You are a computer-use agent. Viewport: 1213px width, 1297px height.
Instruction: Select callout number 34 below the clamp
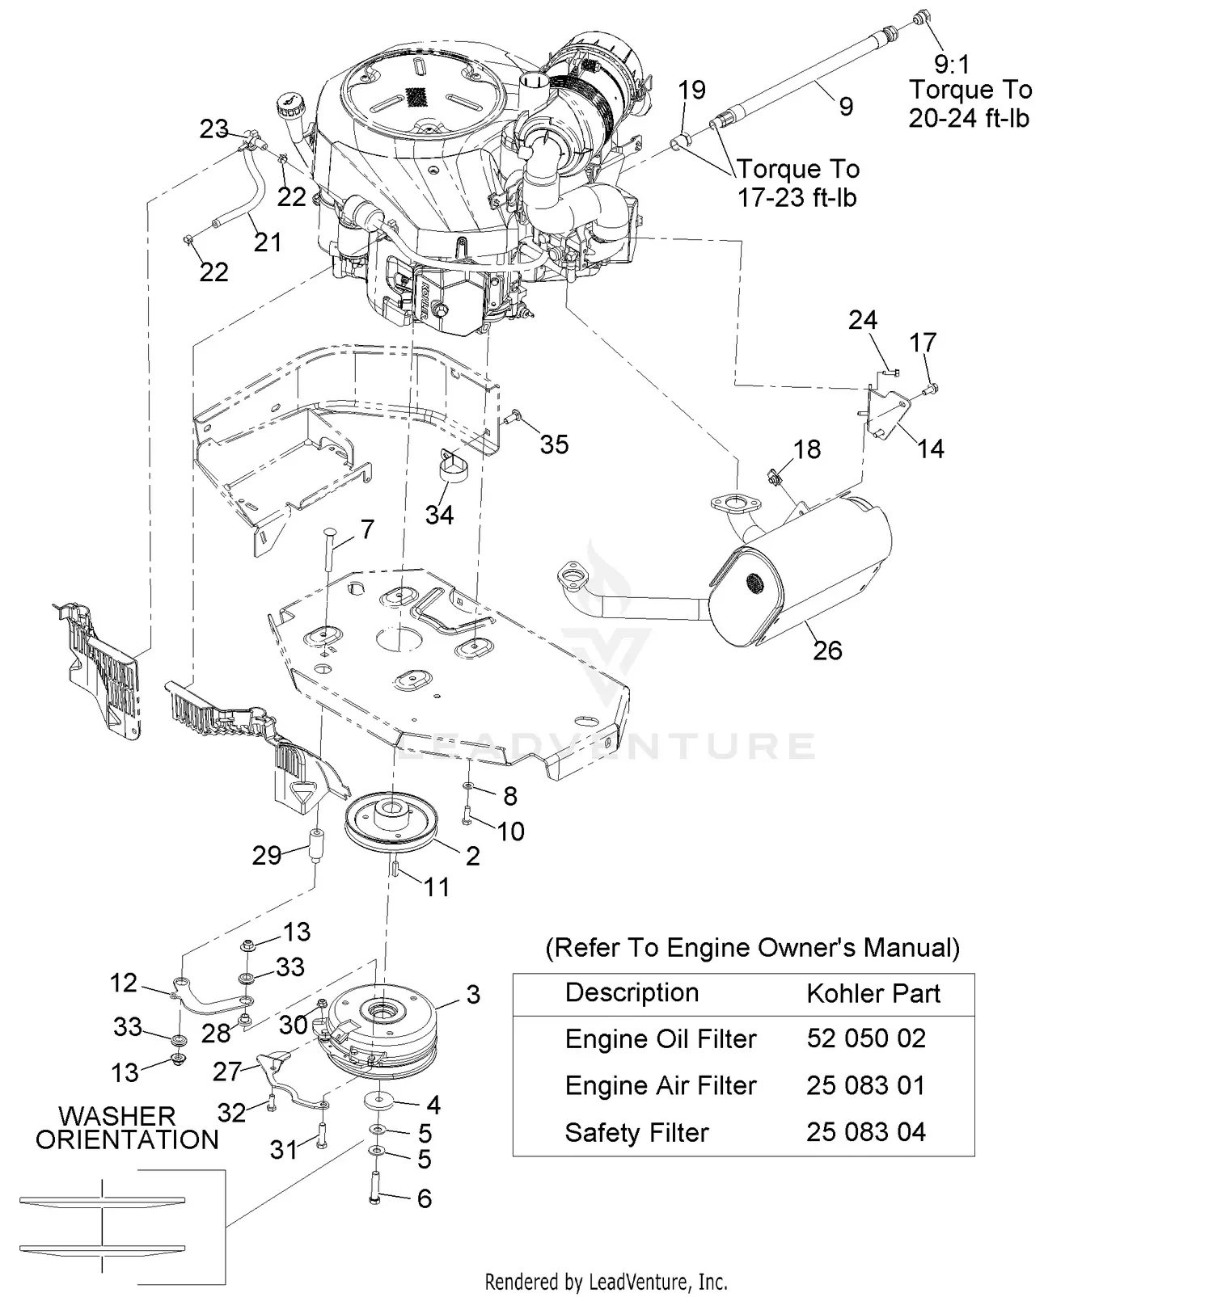pos(440,515)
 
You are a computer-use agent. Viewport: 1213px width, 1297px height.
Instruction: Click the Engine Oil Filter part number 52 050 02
pos(865,1038)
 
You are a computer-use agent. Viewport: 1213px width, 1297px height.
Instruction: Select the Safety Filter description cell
pos(636,1133)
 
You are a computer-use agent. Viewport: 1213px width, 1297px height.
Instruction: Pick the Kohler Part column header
pos(873,993)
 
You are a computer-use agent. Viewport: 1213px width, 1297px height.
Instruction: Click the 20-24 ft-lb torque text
pos(968,118)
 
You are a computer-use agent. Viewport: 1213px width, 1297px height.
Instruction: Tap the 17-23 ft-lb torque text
pos(797,197)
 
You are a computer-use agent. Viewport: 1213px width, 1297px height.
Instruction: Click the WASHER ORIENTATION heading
pos(127,1128)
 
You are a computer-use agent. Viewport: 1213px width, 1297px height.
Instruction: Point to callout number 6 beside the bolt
pos(425,1198)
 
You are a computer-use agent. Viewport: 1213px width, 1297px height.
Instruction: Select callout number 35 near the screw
pos(555,444)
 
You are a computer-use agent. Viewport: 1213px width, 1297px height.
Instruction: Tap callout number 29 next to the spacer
pos(267,856)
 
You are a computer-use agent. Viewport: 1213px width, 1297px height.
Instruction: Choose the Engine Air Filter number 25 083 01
pos(865,1085)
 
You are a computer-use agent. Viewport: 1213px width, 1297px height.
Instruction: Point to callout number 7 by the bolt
pos(368,529)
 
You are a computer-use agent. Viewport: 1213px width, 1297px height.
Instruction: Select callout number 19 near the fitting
pos(692,90)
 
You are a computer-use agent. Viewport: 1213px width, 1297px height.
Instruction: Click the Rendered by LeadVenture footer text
pos(606,1282)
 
